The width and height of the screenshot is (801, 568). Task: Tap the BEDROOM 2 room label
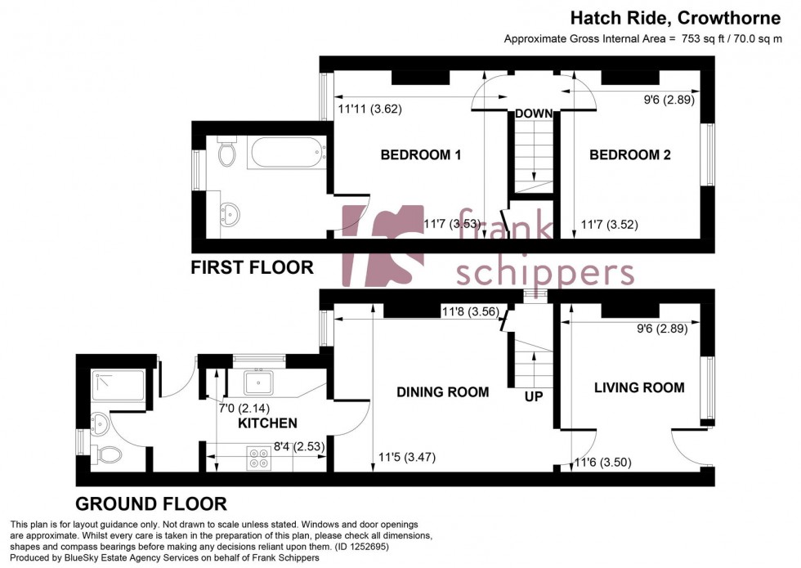(x=629, y=154)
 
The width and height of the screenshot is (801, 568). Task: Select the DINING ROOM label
(x=442, y=392)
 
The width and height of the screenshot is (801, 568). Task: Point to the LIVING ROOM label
(x=639, y=387)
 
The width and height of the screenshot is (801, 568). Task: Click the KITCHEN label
(x=267, y=423)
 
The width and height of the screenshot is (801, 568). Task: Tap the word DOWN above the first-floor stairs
(x=534, y=114)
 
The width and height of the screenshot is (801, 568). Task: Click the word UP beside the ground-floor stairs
(x=534, y=396)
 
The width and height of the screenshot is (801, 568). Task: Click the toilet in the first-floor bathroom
(x=227, y=151)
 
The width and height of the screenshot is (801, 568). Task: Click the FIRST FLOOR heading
(x=252, y=267)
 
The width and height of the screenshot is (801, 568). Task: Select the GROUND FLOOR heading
(x=151, y=503)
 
